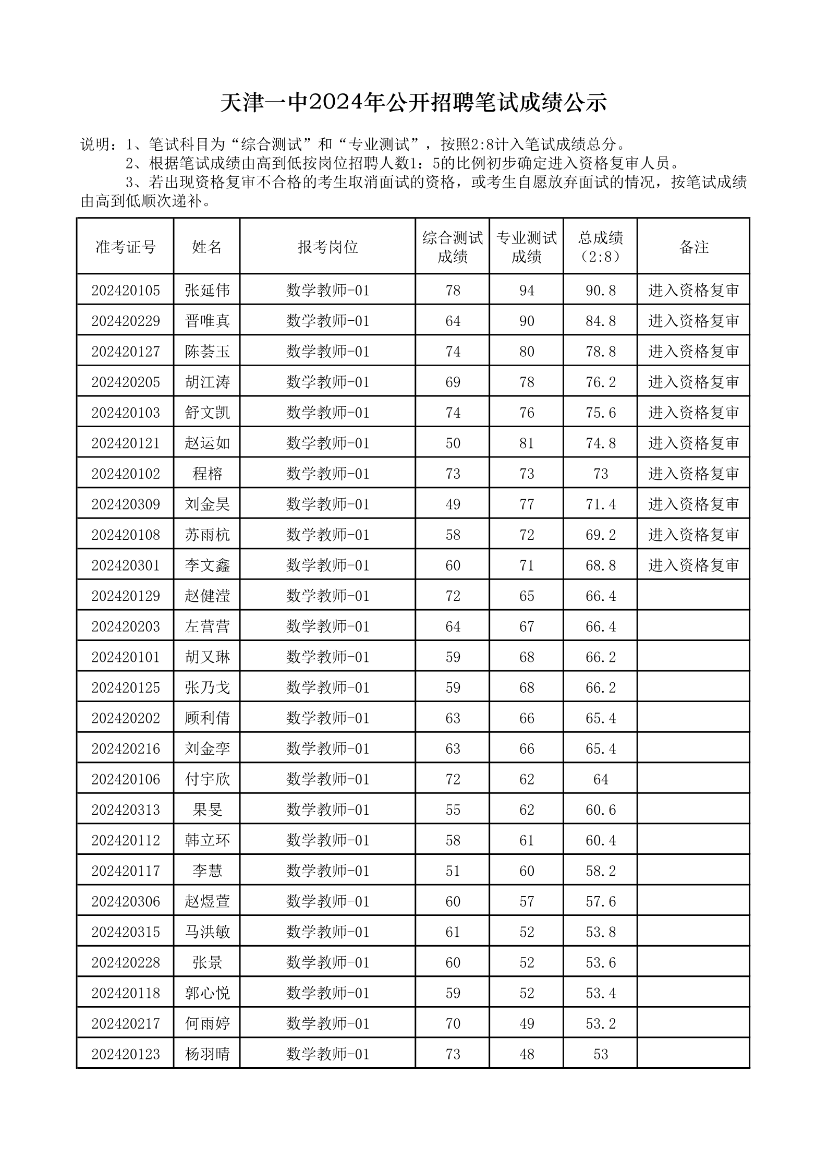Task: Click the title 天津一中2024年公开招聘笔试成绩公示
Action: point(413,103)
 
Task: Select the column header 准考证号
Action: point(125,247)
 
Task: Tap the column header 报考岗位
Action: point(327,247)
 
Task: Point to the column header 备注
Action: point(693,247)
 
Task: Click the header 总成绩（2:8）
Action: point(600,247)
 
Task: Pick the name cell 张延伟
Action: point(207,290)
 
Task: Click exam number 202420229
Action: point(125,321)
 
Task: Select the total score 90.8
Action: point(600,290)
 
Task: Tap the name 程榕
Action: point(207,474)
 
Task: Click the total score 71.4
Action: point(600,504)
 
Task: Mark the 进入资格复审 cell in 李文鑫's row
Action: point(693,565)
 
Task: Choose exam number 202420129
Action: point(125,596)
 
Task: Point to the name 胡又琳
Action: point(207,657)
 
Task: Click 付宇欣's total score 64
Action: point(600,779)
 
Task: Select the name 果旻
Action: point(207,810)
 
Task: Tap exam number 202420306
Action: point(125,901)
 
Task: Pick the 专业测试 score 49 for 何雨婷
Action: point(527,1023)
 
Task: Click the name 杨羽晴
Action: point(207,1054)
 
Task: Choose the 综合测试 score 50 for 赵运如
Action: point(453,443)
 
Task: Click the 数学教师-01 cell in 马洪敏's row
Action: point(327,932)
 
